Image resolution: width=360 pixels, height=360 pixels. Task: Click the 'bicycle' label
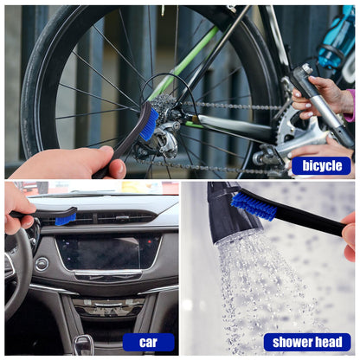[x=321, y=166]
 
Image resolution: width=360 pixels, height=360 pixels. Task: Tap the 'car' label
[x=149, y=343]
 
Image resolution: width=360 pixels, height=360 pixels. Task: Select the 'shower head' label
[x=307, y=343]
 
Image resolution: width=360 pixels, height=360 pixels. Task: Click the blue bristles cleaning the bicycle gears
[x=150, y=124]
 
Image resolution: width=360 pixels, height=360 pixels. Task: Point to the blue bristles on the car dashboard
[x=66, y=220]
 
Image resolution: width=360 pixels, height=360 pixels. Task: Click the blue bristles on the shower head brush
[x=254, y=206]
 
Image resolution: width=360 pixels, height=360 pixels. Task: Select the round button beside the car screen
[x=42, y=264]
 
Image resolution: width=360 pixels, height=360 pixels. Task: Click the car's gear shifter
[x=83, y=344]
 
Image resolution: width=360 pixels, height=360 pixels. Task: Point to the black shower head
[x=231, y=214]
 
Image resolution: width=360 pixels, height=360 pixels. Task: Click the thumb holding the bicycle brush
[x=116, y=168]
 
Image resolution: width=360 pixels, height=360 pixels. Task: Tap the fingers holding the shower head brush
[x=349, y=236]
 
